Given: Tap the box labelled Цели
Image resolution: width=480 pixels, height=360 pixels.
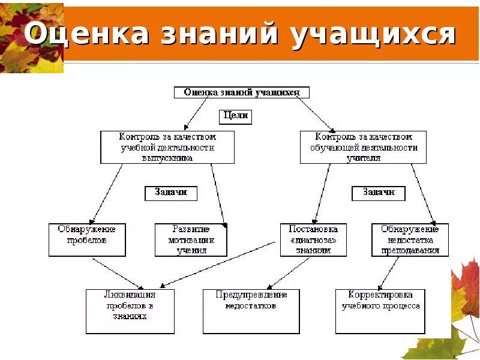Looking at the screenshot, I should (235, 116).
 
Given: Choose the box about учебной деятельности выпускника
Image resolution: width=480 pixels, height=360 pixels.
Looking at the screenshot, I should (167, 148).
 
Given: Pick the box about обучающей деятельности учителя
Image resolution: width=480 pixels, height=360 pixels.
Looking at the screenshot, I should (363, 148).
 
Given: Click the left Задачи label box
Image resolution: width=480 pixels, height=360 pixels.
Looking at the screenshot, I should (171, 193).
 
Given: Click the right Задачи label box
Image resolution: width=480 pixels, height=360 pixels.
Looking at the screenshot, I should (378, 193).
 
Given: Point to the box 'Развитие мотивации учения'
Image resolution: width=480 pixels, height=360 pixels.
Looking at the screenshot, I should (191, 239).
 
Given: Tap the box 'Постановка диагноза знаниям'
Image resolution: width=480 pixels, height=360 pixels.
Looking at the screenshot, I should (313, 239).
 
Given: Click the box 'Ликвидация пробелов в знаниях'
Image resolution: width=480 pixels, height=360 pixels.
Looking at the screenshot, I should (130, 311).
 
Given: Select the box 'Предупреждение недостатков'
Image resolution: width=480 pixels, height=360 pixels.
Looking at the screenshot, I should (251, 311).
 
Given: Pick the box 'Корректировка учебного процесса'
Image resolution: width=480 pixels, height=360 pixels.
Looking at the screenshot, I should (380, 311).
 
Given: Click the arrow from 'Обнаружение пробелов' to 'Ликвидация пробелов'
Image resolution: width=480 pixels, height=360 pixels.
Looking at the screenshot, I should (119, 273).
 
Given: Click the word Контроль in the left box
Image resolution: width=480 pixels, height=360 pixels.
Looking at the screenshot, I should (137, 137).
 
